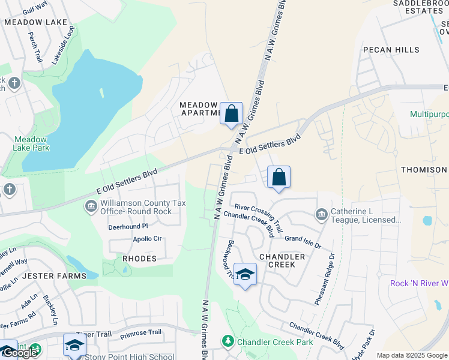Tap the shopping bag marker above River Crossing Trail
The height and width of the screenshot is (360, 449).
click(279, 178)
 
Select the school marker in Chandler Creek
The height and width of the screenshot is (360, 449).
click(244, 275)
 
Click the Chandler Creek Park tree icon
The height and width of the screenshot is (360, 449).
click(228, 341)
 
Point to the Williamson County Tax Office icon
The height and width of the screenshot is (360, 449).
click(91, 207)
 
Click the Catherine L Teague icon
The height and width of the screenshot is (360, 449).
click(322, 214)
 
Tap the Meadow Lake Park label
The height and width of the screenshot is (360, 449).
click(31, 143)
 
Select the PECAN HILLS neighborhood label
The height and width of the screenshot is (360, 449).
click(391, 50)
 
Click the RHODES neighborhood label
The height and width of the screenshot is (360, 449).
click(139, 259)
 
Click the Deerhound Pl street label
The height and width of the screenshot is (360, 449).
click(128, 227)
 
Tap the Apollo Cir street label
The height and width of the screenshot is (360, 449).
click(147, 239)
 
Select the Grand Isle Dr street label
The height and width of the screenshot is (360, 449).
click(303, 242)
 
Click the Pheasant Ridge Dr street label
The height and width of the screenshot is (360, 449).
click(324, 278)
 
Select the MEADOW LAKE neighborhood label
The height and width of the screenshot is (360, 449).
click(35, 22)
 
